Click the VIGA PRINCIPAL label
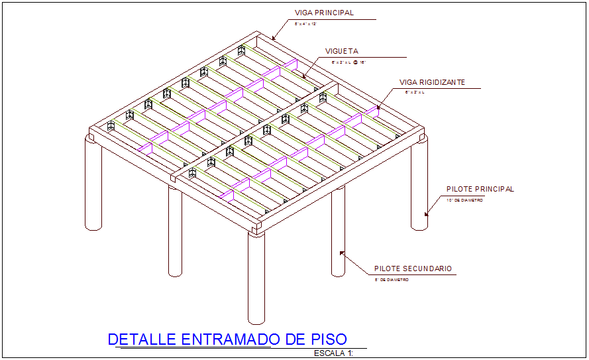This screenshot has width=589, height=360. [x=324, y=13]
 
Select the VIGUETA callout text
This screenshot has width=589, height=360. [x=341, y=51]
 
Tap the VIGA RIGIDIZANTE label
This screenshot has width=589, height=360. [x=432, y=82]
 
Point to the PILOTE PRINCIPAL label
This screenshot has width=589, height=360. [x=480, y=189]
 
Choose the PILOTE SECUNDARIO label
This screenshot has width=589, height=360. [x=413, y=269]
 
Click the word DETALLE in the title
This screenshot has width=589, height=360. [x=142, y=339]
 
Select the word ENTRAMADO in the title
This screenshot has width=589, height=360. [x=227, y=339]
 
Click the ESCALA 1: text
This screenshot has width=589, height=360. [x=334, y=353]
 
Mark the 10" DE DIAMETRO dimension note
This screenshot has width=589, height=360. [x=464, y=200]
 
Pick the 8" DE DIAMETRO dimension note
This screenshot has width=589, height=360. [x=392, y=280]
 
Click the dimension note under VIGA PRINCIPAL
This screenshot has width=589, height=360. [x=305, y=23]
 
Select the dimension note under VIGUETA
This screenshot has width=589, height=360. [x=348, y=62]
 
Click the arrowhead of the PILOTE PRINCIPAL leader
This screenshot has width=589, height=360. [x=426, y=213]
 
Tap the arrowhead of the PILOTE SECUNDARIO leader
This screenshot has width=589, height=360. [x=342, y=252]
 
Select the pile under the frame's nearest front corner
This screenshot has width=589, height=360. [x=256, y=278]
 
